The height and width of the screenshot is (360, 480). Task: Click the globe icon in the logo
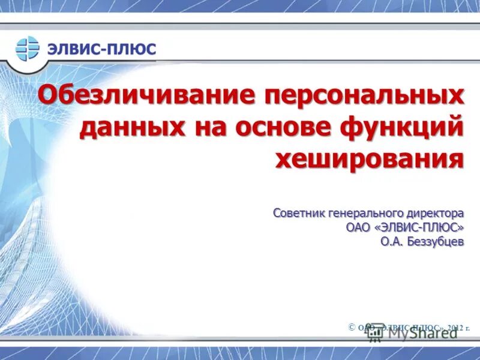pyautogui.click(x=27, y=47)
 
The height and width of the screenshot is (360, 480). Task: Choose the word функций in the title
pyautogui.click(x=401, y=128)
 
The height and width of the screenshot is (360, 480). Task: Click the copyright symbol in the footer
pyautogui.click(x=352, y=326)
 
